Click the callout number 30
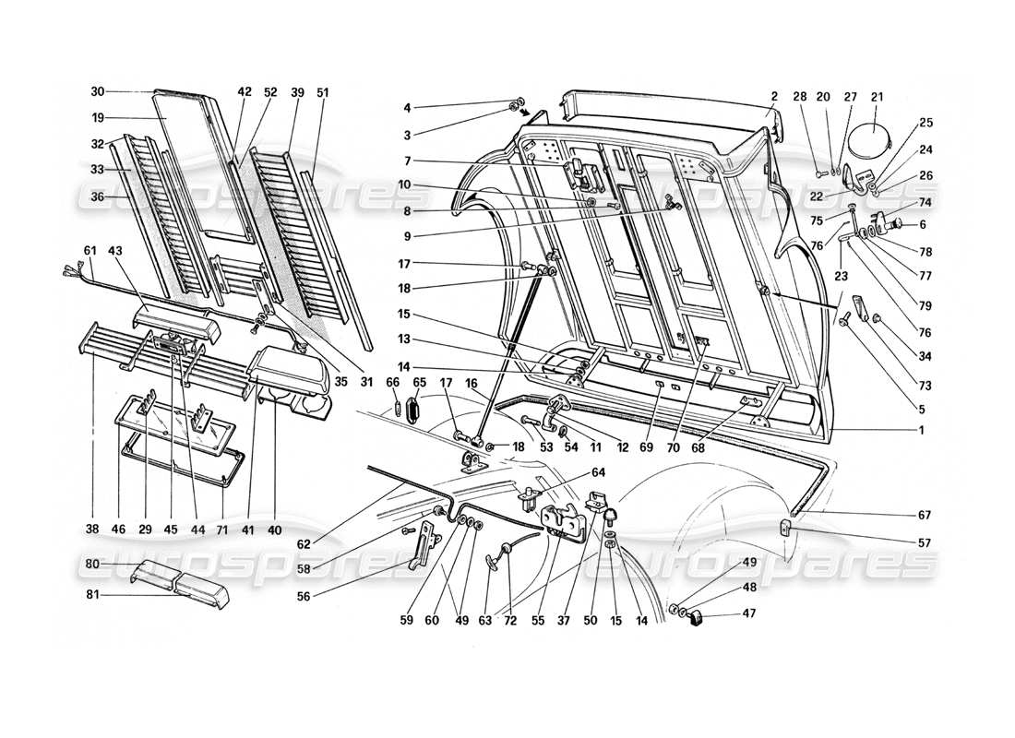(x=98, y=91)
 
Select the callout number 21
(x=877, y=97)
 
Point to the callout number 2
(x=775, y=97)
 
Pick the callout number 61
(x=90, y=250)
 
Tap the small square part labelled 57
(x=787, y=529)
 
